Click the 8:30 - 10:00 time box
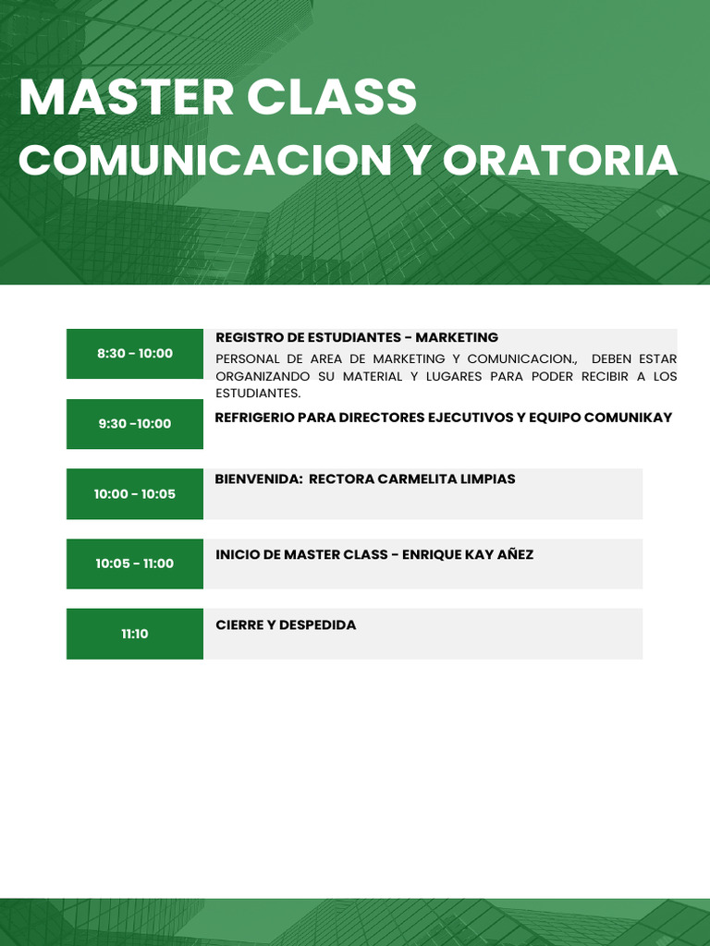[135, 354]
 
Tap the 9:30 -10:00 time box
[135, 424]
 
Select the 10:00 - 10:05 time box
[135, 494]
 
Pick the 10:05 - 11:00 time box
[135, 564]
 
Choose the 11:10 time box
[135, 634]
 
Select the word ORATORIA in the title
[560, 160]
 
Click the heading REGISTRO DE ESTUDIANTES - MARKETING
[357, 338]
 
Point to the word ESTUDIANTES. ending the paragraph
[258, 394]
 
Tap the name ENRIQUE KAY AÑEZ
[468, 555]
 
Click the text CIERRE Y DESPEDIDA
[286, 625]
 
